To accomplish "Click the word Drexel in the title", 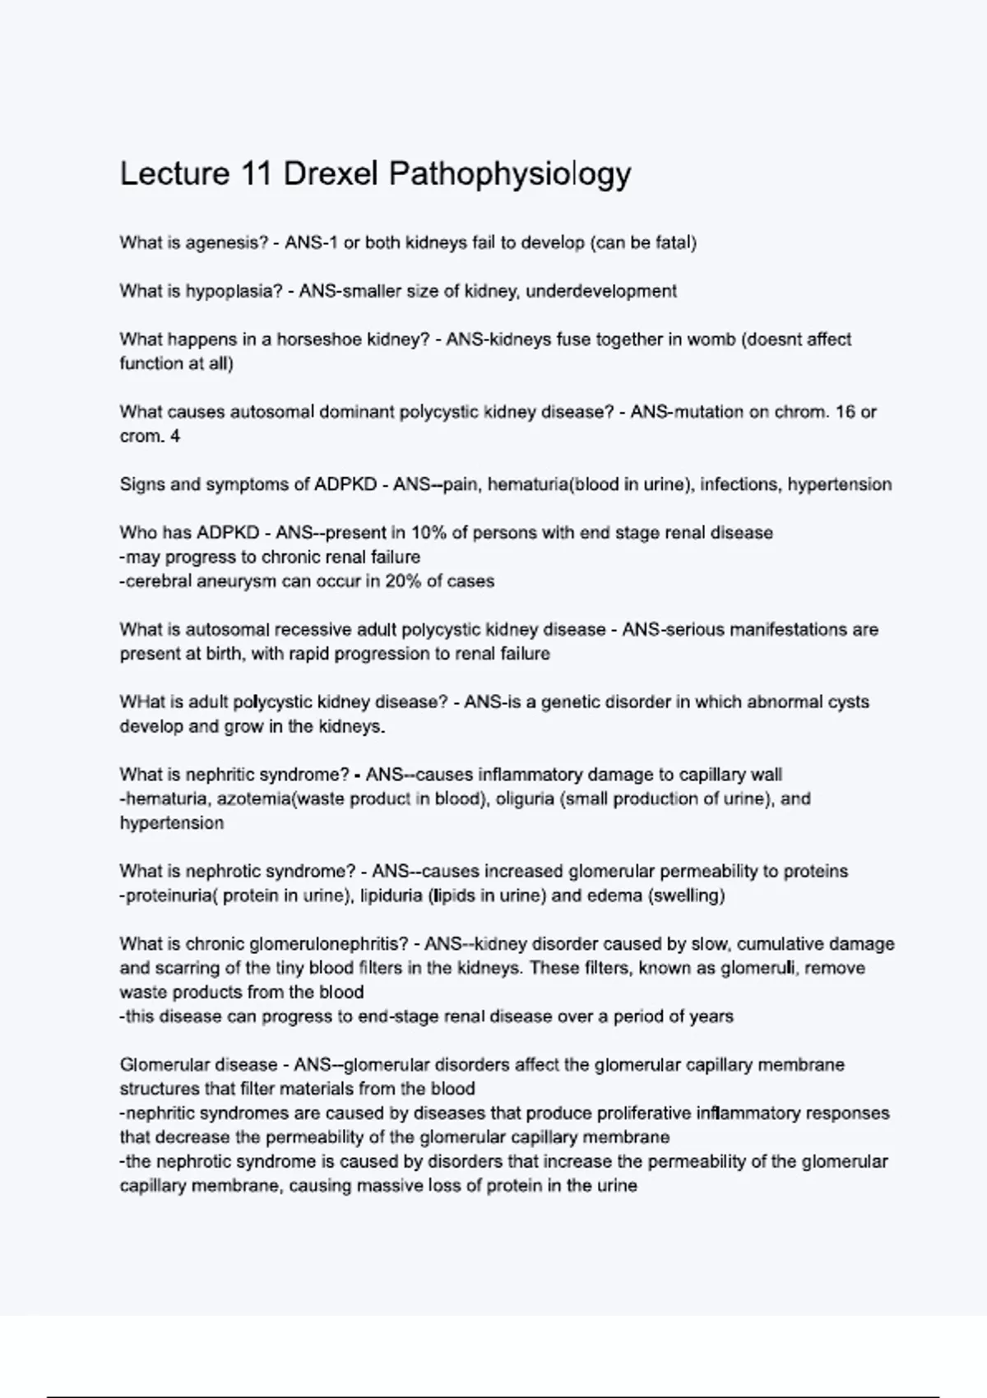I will [331, 174].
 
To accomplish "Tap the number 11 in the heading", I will [257, 174].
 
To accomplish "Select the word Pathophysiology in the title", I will [510, 174].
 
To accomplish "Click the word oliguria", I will [525, 799].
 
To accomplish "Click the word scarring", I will [183, 969].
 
